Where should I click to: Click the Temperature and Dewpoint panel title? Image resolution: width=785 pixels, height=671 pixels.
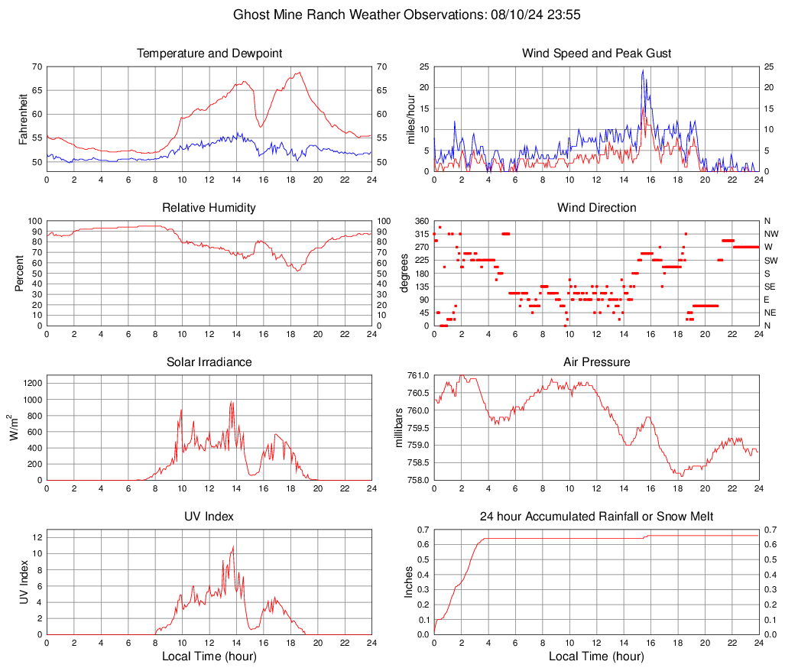click(x=209, y=53)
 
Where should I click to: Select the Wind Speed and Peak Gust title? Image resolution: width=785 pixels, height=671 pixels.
click(x=596, y=53)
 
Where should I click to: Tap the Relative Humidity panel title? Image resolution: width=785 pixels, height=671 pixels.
click(x=209, y=208)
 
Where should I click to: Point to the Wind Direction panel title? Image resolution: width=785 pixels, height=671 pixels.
click(x=596, y=208)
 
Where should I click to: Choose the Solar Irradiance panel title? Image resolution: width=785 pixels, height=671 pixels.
click(x=209, y=362)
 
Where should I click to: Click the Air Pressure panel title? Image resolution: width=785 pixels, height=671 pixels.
click(x=596, y=362)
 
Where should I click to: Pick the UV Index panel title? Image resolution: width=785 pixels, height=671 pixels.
click(x=209, y=517)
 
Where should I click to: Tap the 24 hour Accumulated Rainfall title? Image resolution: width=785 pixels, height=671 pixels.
click(x=596, y=517)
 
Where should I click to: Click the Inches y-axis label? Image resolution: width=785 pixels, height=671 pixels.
click(x=410, y=582)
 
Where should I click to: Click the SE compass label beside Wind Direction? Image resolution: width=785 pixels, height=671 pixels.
click(x=770, y=287)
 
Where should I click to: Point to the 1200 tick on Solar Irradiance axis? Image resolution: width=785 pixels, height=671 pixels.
click(x=31, y=380)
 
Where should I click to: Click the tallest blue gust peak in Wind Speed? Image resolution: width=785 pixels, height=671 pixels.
click(x=643, y=70)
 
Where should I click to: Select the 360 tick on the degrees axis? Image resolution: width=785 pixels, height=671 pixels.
click(x=420, y=221)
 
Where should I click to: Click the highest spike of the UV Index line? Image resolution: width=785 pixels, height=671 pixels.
click(x=232, y=546)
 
